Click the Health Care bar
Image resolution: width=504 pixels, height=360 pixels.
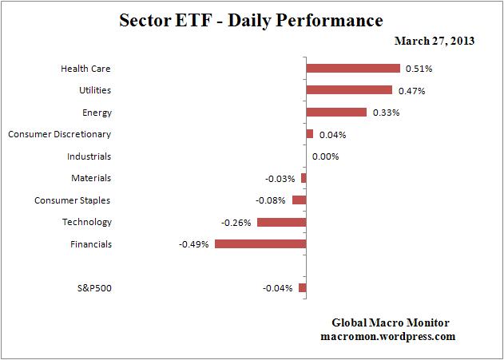coord(352,68)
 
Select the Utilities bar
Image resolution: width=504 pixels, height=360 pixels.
coord(349,90)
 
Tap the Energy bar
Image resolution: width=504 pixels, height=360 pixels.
coord(336,112)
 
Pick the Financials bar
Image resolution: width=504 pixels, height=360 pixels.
coord(260,243)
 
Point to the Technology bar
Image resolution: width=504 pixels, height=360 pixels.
coord(281,222)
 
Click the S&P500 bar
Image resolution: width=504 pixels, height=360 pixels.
coord(303,287)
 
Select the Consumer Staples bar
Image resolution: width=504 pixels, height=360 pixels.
coord(300,200)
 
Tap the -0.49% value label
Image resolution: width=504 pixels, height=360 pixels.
coord(194,244)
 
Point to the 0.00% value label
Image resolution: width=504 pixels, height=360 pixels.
coord(326,156)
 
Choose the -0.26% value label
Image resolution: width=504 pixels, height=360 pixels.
coord(236,222)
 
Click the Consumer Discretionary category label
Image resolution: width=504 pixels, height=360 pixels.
coord(59,134)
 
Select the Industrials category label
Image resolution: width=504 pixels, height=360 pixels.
coord(89,156)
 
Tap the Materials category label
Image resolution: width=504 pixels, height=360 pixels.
coord(91,178)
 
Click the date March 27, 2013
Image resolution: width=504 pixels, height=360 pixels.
coord(435,41)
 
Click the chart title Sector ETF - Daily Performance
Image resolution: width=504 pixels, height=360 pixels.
coord(251,18)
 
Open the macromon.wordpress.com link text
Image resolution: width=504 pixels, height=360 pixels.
coord(391,337)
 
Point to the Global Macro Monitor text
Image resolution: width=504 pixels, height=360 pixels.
coord(391,322)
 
